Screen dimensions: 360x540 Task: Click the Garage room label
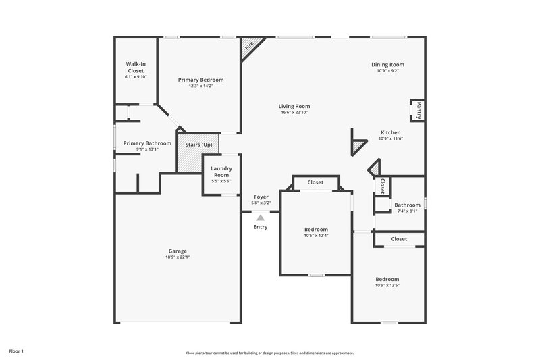[178, 251]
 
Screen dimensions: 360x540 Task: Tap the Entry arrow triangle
[260, 217]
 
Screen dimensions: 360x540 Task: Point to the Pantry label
[418, 109]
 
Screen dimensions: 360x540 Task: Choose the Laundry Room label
[221, 171]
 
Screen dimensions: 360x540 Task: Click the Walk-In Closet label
[136, 67]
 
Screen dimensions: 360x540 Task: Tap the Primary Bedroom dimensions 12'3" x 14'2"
[200, 86]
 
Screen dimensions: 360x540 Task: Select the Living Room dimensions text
[294, 113]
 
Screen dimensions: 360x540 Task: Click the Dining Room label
[387, 65]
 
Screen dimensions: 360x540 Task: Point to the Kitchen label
[390, 132]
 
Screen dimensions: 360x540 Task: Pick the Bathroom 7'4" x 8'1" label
[407, 205]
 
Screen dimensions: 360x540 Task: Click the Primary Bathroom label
[147, 143]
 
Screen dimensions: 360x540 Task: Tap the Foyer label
[261, 197]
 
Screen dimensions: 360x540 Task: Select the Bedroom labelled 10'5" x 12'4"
[316, 229]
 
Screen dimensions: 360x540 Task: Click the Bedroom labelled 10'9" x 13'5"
[387, 279]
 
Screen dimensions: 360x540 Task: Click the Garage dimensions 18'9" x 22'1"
[178, 257]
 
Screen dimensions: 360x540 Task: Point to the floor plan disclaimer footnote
[269, 353]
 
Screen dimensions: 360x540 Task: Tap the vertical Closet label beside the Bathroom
[382, 186]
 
